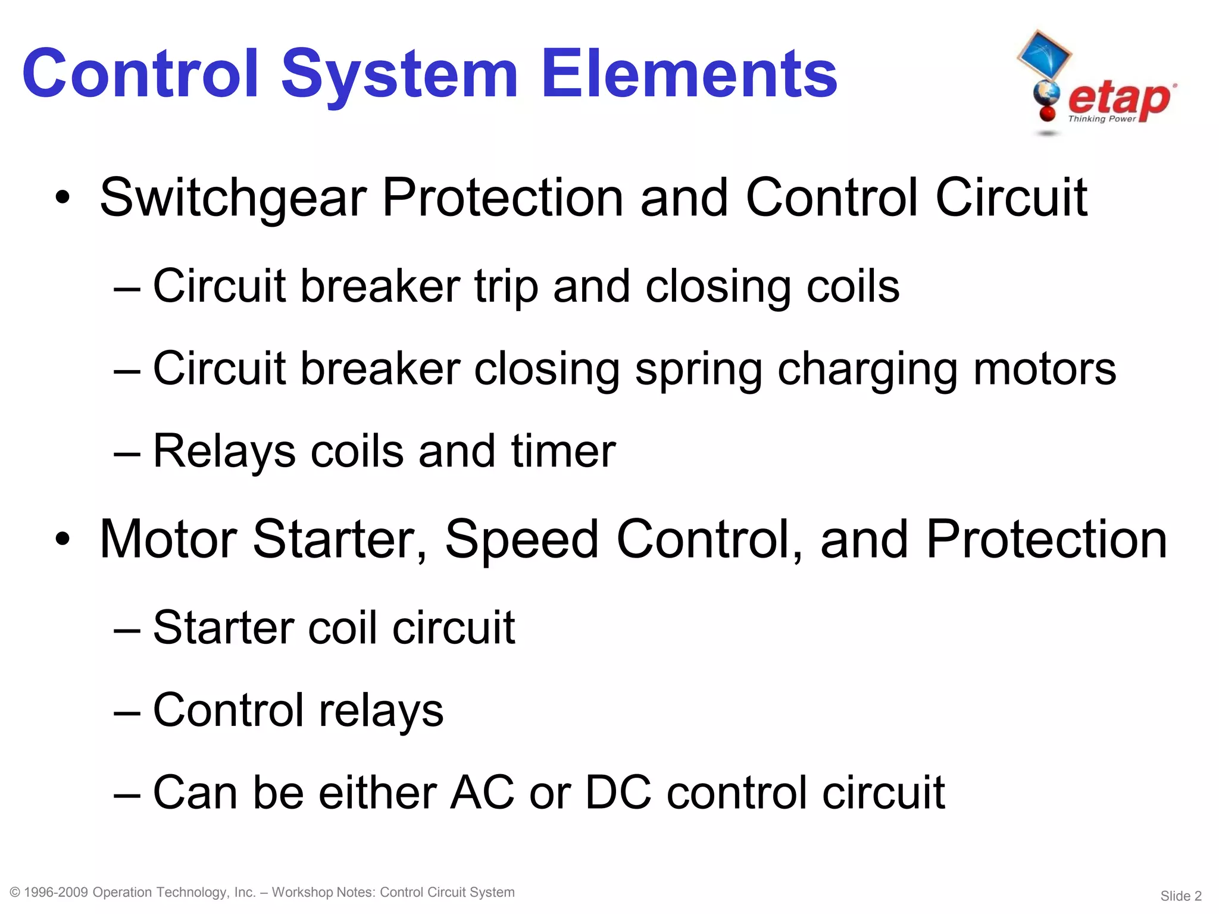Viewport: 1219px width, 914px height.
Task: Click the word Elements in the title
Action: (x=689, y=74)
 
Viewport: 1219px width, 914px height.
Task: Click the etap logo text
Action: (x=1119, y=98)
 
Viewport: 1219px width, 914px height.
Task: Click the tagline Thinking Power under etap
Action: (x=1102, y=119)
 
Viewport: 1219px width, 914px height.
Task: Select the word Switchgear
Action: (x=233, y=199)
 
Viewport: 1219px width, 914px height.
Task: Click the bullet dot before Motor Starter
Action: (x=62, y=539)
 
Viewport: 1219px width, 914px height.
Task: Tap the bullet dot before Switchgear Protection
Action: (x=62, y=198)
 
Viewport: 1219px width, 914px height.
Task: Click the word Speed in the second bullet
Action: (x=521, y=539)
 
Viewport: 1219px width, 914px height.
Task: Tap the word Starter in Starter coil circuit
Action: (x=224, y=628)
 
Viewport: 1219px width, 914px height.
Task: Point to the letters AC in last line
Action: (x=482, y=793)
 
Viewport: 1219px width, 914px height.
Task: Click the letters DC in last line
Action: (x=618, y=793)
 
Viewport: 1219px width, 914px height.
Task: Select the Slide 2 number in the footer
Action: (x=1181, y=896)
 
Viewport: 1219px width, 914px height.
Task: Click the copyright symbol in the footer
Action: (x=15, y=893)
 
